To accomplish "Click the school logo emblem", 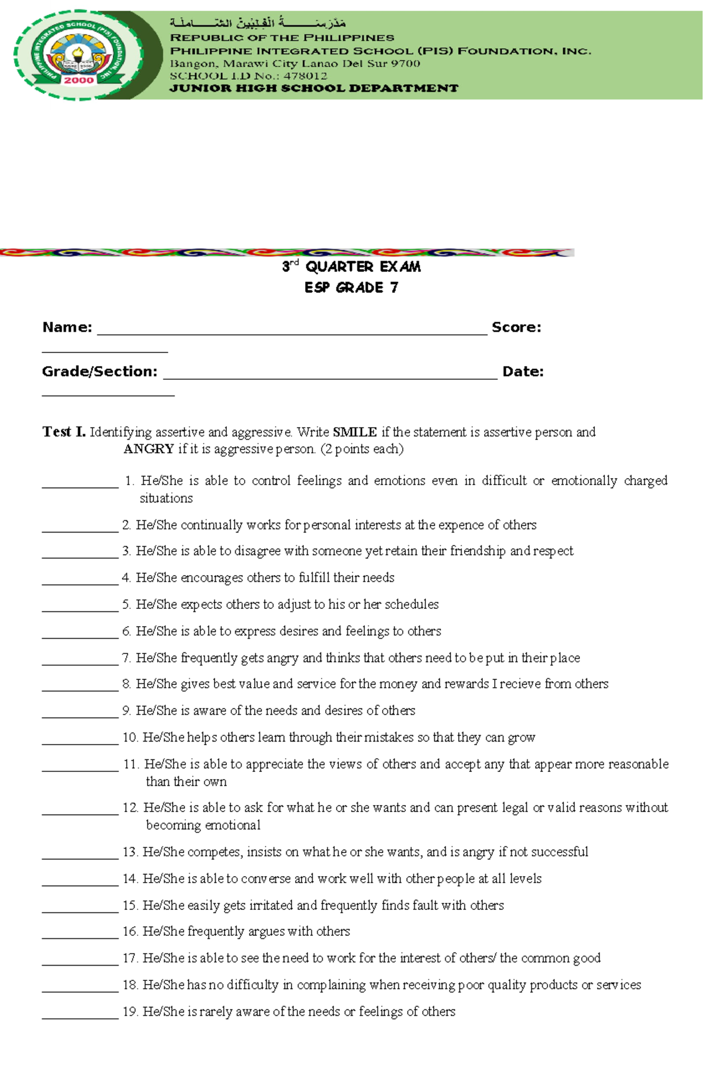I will (x=78, y=55).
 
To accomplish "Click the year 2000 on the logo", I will (x=78, y=81).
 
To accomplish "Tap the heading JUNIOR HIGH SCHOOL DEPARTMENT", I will (x=314, y=88).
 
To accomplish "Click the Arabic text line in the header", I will (x=257, y=23).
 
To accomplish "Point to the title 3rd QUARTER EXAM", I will (x=351, y=267).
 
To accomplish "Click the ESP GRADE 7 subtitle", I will (x=351, y=288).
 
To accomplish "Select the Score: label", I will (x=516, y=328).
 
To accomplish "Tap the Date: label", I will (x=523, y=372).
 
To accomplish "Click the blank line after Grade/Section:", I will (x=329, y=374).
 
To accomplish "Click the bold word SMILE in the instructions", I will (x=354, y=432).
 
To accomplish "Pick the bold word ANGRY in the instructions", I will (x=149, y=449).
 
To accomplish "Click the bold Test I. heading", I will (x=64, y=432).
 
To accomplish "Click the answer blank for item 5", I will (x=80, y=605).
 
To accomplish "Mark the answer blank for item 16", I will (x=80, y=932).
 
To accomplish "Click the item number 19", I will (x=130, y=1012).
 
